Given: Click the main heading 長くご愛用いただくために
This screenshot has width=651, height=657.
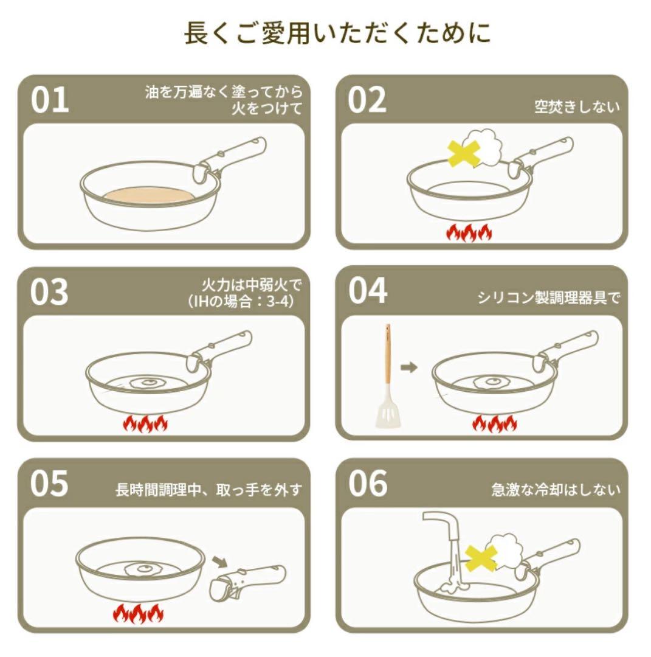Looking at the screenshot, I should [337, 33].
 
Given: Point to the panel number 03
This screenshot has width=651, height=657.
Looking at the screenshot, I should [50, 293].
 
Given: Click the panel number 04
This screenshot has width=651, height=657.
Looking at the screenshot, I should [368, 291].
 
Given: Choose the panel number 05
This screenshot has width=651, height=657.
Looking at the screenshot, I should [50, 484].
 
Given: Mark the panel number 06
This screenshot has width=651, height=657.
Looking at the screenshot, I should [368, 484].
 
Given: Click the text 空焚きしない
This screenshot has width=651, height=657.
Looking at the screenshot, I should [577, 107].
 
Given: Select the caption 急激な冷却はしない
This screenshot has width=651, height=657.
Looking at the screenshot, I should [556, 490].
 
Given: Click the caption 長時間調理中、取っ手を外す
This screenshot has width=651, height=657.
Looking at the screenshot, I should [208, 490].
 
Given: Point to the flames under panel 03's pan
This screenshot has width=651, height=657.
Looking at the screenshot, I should [145, 423].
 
